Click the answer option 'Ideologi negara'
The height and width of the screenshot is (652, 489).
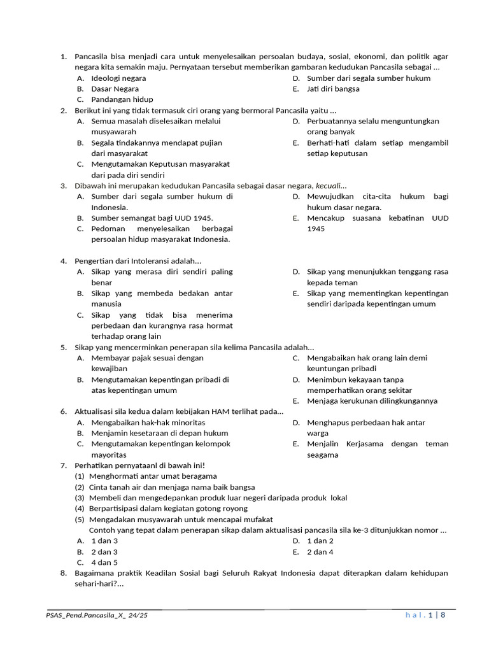[x=118, y=78]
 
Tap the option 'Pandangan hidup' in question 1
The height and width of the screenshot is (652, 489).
[x=122, y=100]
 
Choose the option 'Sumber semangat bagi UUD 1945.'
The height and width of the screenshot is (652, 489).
[x=152, y=218]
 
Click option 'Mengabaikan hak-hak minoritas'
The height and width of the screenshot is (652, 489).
[x=148, y=423]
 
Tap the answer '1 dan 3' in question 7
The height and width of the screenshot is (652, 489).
[x=104, y=541]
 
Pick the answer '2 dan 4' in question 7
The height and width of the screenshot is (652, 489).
[x=320, y=552]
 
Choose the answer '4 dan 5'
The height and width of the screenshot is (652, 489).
[x=104, y=563]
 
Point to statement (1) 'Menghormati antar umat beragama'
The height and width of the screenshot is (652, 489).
[x=153, y=476]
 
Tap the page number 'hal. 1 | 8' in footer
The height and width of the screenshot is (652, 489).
[x=425, y=615]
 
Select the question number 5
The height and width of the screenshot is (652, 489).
[x=64, y=348]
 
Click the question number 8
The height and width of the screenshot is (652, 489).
[x=64, y=573]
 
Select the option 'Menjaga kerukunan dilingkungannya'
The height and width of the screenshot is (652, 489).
[x=372, y=401]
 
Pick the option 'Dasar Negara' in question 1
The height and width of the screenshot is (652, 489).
[x=115, y=89]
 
